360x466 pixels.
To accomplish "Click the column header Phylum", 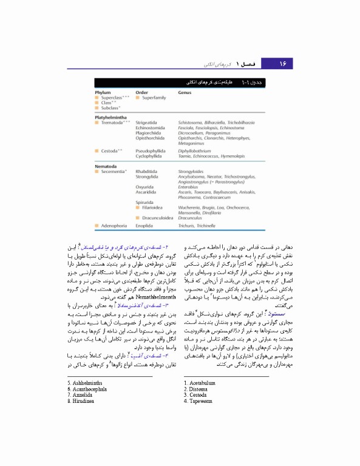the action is tap(104, 93).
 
